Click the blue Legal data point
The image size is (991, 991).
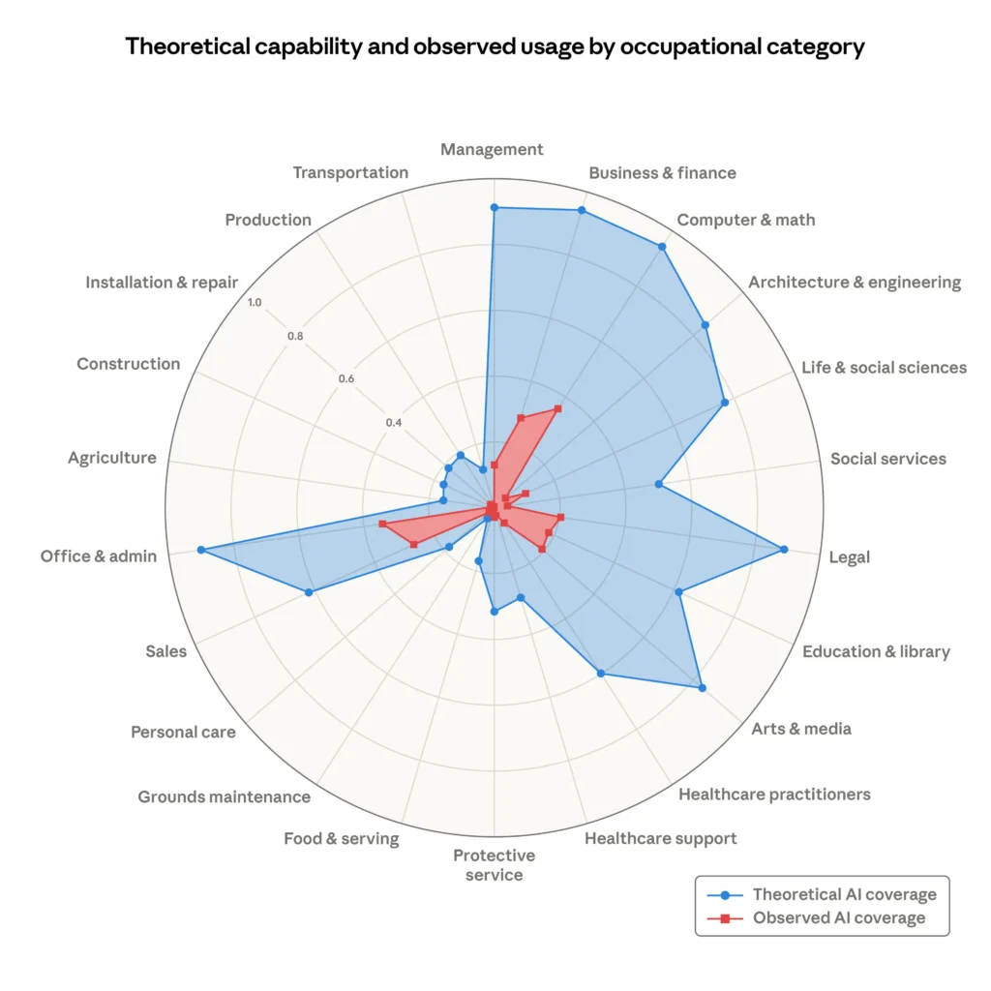point(784,550)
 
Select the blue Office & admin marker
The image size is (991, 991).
point(201,550)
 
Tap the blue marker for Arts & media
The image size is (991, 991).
point(702,688)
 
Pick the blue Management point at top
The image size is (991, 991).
point(494,207)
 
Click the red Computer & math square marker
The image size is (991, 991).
point(557,408)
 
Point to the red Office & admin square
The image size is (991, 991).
point(383,524)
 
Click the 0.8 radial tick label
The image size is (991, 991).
point(295,337)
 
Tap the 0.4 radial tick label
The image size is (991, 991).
point(394,423)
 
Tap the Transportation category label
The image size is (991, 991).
point(350,172)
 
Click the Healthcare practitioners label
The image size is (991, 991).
point(774,795)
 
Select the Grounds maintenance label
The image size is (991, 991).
point(224,797)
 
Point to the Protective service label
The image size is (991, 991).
point(494,865)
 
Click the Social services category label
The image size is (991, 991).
point(887,459)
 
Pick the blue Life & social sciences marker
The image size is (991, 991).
point(724,402)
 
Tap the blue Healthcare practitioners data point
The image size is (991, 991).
point(601,674)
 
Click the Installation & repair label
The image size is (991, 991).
point(162,283)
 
